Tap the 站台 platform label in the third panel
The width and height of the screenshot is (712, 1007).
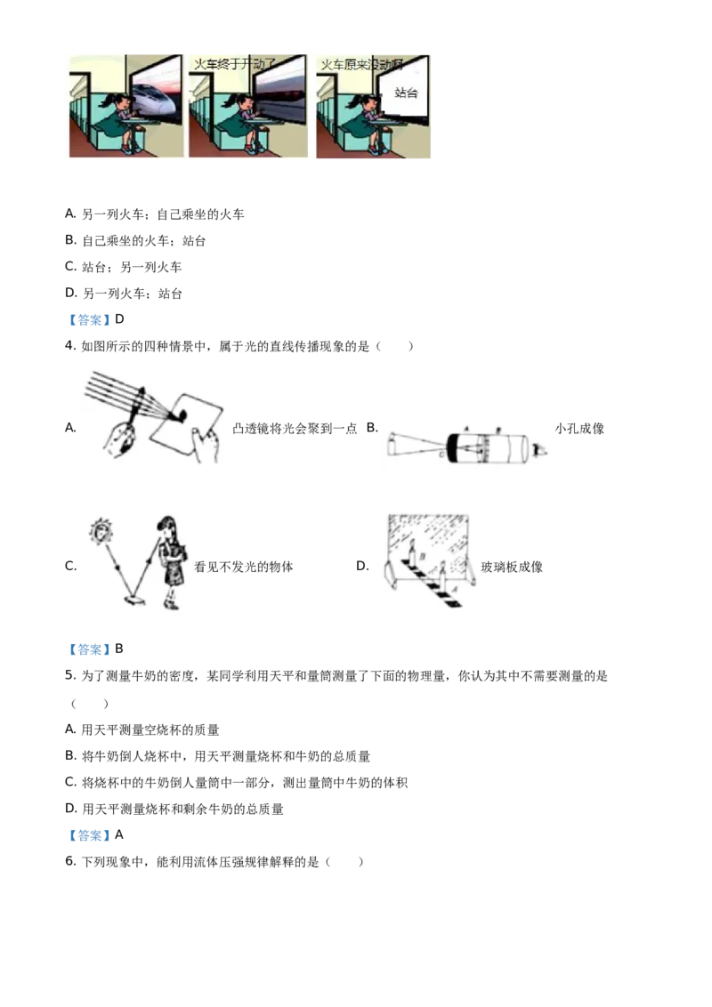406,93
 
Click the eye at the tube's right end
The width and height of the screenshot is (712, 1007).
539,451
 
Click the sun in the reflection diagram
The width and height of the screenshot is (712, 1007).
100,535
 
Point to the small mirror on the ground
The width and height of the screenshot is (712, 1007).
134,601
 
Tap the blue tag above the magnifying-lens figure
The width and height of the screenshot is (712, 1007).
89,320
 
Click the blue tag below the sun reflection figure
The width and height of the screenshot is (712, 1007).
89,651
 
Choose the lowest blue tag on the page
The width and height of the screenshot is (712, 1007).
89,836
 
